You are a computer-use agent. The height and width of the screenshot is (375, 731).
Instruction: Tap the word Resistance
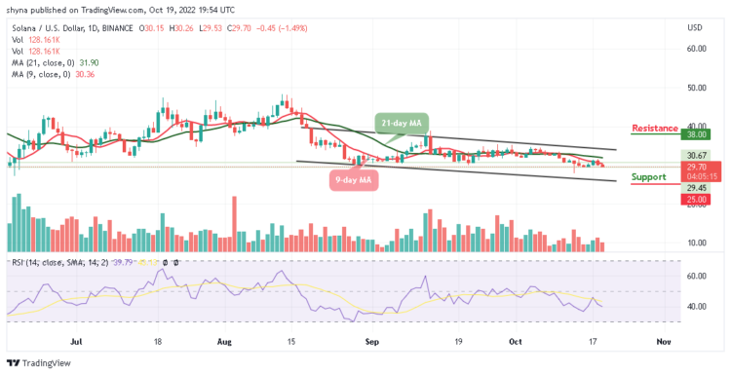click(x=654, y=128)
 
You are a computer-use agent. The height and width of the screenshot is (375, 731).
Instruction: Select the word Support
click(x=648, y=176)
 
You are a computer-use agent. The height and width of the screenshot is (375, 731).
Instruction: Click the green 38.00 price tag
click(x=695, y=135)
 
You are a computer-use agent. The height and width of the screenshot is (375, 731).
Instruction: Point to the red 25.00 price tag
click(x=695, y=200)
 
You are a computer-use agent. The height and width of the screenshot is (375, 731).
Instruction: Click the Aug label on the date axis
click(x=225, y=342)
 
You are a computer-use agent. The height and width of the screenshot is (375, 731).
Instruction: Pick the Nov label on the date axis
click(x=664, y=342)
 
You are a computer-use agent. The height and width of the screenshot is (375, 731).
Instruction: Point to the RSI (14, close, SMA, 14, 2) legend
click(x=68, y=262)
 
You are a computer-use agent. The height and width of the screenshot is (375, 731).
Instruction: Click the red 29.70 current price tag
click(x=695, y=167)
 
